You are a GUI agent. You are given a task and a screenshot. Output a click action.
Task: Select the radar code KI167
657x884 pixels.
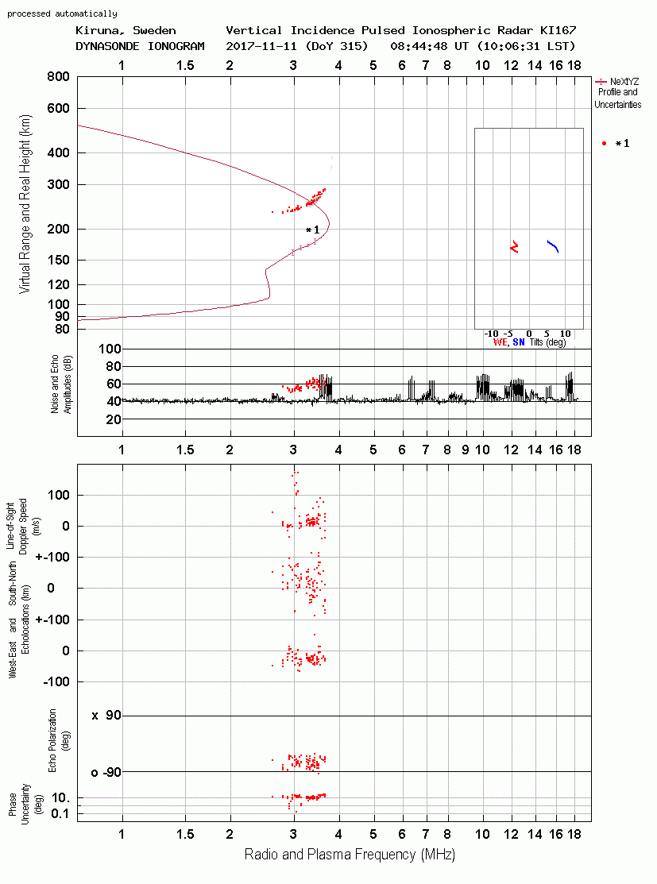coord(558,30)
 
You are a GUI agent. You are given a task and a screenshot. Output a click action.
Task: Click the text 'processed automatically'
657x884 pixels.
coord(62,14)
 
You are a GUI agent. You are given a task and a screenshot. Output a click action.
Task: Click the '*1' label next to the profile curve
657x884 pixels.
coord(312,230)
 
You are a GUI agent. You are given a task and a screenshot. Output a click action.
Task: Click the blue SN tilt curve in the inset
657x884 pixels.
coord(553,246)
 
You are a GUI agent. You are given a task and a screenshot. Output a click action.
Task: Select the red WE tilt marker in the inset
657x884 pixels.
coord(514,247)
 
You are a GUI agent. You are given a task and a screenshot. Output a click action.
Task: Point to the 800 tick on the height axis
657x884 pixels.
coord(59,76)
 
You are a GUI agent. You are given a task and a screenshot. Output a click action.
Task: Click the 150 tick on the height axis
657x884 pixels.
coord(59,260)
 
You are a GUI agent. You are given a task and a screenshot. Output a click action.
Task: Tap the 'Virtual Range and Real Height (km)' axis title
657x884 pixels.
coord(25,204)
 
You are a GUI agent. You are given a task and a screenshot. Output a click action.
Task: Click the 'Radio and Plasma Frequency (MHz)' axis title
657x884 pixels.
coord(350,855)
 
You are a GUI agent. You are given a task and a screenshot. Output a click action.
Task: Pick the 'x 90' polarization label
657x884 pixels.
coord(106,716)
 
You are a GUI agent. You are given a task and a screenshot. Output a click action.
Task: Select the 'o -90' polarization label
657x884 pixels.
coord(106,772)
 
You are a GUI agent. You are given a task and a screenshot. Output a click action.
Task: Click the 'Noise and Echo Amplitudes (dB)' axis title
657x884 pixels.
coord(61,384)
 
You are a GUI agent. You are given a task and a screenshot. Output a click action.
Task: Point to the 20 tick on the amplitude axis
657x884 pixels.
coord(114,419)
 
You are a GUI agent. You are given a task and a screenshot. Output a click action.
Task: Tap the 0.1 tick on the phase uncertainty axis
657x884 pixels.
coord(60,813)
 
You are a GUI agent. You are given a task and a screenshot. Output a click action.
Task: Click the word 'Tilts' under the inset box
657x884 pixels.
coord(536,342)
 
